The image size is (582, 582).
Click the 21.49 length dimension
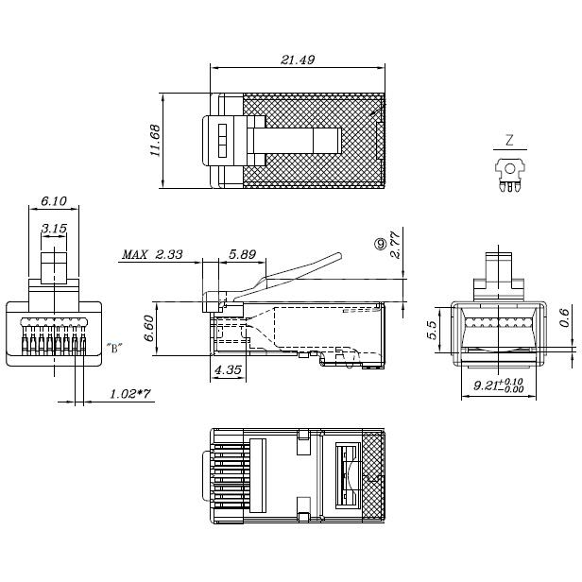pos(298,60)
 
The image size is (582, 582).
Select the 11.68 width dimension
pos(155,140)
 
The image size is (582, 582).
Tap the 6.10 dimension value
pos(54,201)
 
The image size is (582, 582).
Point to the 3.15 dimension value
pos(54,228)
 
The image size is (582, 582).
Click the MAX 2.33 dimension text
pos(152,254)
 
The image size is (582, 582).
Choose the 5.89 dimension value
pos(242,254)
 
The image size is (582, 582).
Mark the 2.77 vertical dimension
pos(395,244)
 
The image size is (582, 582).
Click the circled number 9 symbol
pos(381,244)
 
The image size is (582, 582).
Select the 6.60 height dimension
pos(149,328)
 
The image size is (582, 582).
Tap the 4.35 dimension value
pos(228,369)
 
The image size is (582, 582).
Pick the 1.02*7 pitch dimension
pos(130,393)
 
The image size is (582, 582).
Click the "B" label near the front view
pos(114,348)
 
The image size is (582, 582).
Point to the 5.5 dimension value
pos(432,330)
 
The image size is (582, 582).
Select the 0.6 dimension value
pos(564,317)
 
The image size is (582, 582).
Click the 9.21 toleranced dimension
pos(498,385)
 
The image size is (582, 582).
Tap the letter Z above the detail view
pos(509,140)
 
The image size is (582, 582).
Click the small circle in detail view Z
pos(510,169)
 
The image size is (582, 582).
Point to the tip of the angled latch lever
pos(339,255)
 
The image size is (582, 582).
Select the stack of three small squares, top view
pos(222,140)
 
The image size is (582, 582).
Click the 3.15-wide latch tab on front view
pos(54,268)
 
